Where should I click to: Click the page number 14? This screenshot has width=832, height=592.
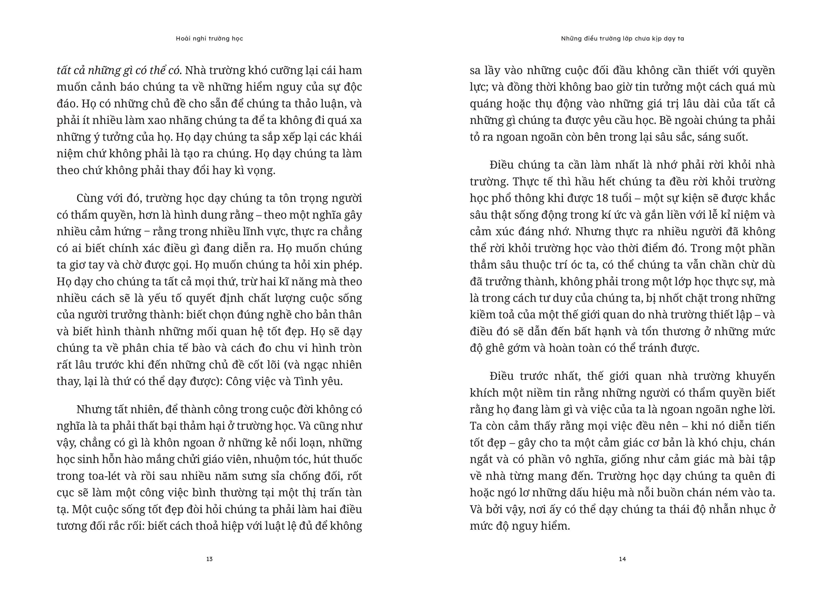pyautogui.click(x=622, y=559)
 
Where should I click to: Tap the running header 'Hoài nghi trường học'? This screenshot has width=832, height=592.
pyautogui.click(x=209, y=39)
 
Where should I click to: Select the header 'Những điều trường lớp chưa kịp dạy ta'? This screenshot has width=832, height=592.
pyautogui.click(x=622, y=39)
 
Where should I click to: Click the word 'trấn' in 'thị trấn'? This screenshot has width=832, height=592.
pyautogui.click(x=331, y=493)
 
